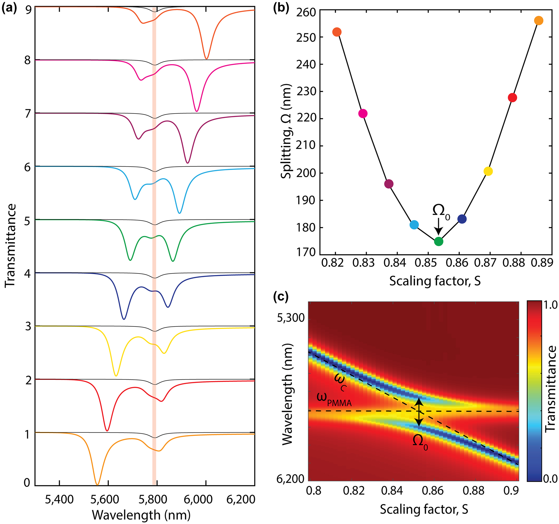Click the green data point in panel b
[439, 241]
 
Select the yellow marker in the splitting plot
[488, 171]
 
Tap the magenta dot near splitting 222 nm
[363, 114]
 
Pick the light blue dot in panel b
[414, 225]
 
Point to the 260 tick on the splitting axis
[306, 13]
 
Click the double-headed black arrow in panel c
[419, 412]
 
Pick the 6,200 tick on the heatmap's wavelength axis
[290, 479]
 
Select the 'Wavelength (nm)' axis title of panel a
[141, 515]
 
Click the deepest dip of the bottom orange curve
[97, 484]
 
